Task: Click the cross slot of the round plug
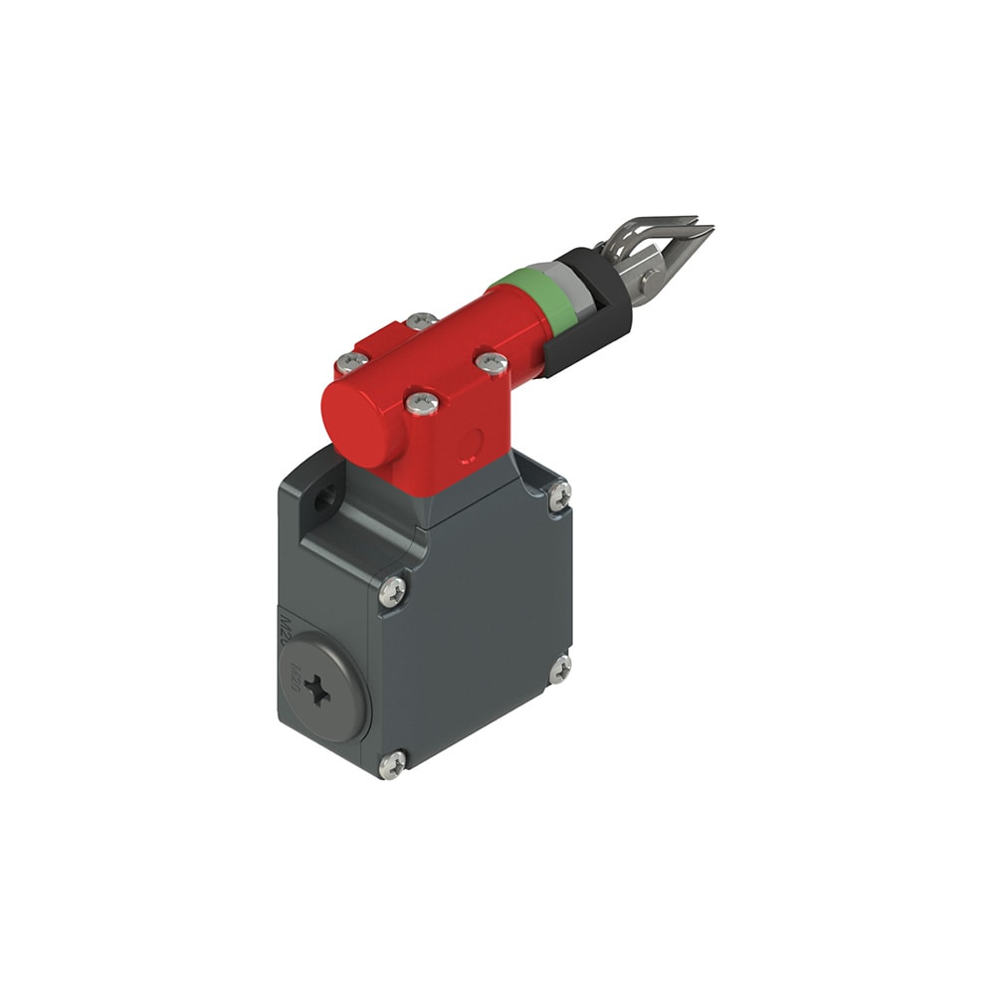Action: coord(317,690)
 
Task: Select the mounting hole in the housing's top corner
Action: coord(322,500)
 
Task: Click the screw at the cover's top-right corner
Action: coord(560,495)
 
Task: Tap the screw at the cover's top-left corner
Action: coord(392,592)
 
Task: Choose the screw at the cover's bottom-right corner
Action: coord(560,668)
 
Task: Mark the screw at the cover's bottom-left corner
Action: coord(392,763)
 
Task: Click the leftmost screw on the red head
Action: coord(350,363)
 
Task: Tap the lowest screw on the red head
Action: coord(421,403)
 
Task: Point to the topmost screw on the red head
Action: coord(421,322)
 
